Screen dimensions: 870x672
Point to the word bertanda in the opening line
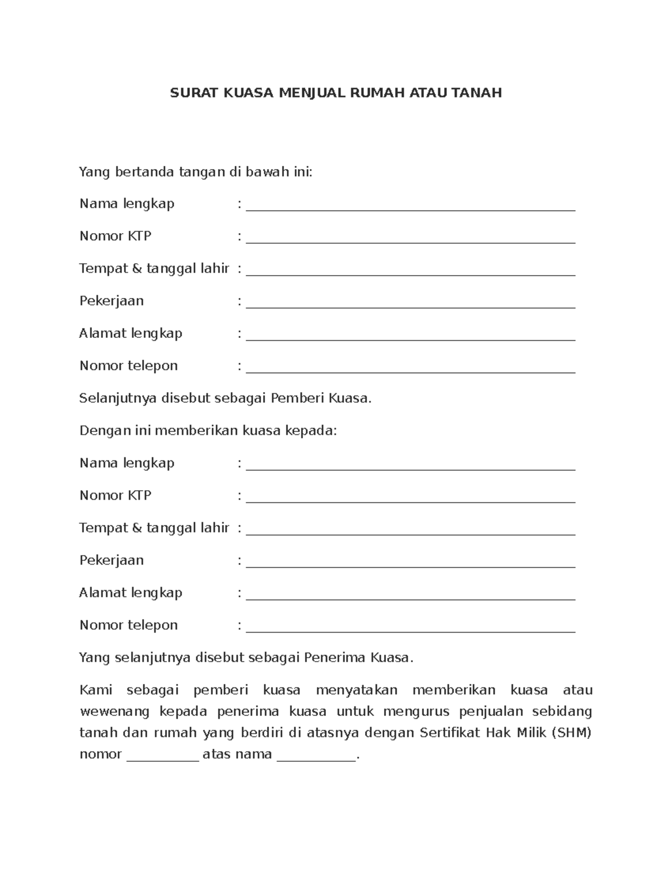point(145,171)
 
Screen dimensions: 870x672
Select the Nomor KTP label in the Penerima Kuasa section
point(115,495)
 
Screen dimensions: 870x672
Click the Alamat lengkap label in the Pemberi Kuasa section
point(130,333)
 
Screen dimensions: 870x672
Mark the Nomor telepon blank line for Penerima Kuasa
point(410,630)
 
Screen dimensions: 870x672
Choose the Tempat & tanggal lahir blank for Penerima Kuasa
point(410,533)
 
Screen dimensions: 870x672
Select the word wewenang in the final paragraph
point(115,711)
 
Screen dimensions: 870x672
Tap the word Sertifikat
point(450,733)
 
